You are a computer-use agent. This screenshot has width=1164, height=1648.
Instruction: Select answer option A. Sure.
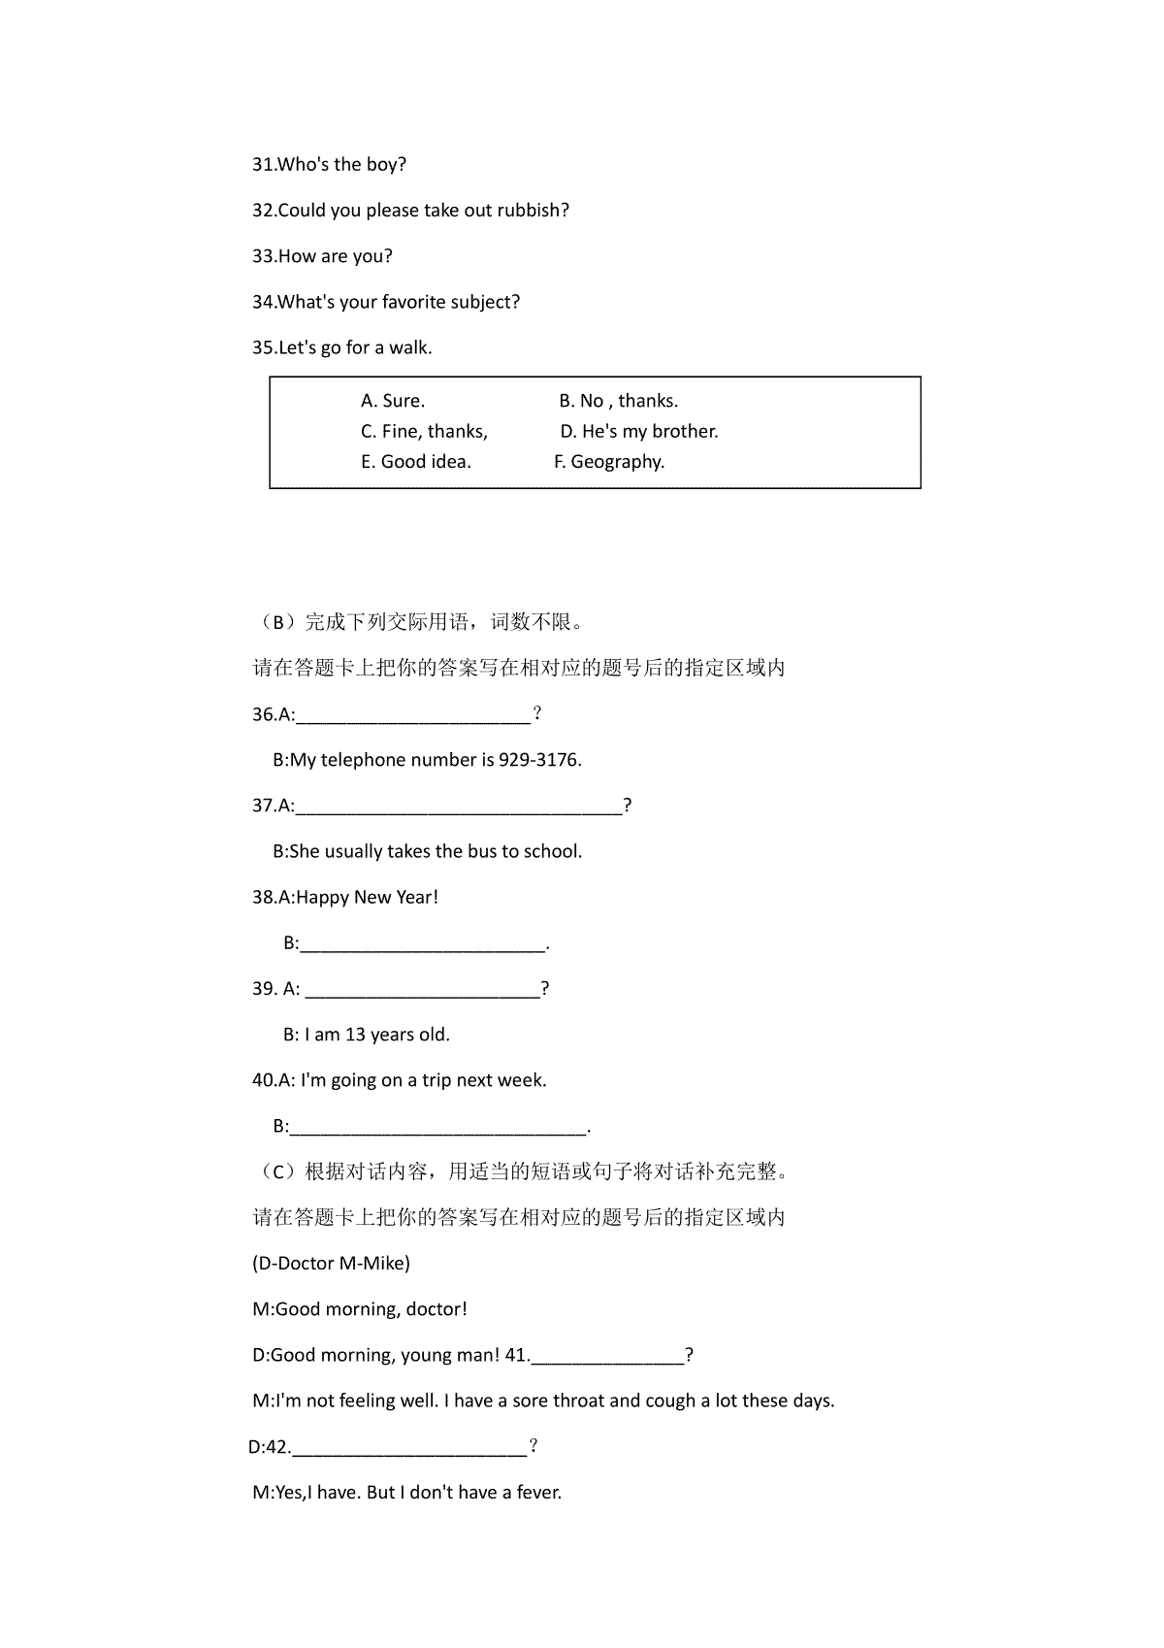393,401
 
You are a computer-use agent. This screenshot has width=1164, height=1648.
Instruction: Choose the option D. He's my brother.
639,431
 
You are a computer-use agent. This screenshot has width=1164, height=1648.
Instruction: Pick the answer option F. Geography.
609,462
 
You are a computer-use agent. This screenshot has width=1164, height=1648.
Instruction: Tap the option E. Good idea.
416,462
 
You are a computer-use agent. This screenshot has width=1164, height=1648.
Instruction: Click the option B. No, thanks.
619,401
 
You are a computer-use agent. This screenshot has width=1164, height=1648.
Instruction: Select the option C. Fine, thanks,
424,431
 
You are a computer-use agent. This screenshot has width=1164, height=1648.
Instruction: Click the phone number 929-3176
538,760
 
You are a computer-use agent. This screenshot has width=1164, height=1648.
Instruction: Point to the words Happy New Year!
367,898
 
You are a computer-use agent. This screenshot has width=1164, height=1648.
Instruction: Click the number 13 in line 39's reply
355,1035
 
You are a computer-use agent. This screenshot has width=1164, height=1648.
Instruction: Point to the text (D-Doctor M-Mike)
331,1264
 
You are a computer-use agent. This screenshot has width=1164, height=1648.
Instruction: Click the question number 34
263,302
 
